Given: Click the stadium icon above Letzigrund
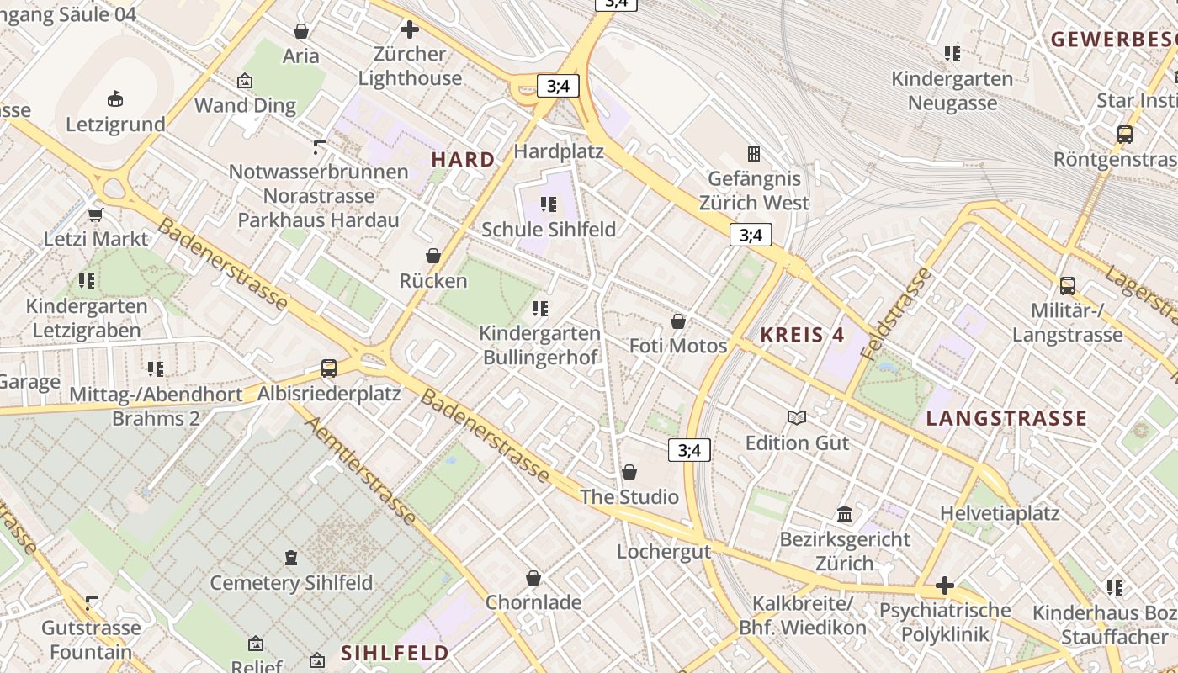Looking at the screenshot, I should coord(115,99).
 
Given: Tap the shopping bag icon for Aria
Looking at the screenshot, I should coord(301,31).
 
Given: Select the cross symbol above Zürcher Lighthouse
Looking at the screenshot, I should coord(410,30).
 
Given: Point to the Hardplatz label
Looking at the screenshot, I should coord(559,151).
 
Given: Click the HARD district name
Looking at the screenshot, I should coord(463,159).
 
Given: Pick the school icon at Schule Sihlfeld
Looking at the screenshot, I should coord(549,204).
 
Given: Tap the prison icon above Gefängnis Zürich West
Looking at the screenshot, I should coord(754,154).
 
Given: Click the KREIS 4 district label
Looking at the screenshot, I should coord(802,334).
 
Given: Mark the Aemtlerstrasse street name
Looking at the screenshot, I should coord(361,470).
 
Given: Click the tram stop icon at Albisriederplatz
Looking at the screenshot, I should coord(329,368).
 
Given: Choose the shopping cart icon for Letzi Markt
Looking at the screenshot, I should coord(96,215).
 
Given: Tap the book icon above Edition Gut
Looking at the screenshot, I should coord(797,417).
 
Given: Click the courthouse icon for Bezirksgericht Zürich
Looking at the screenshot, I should coord(845,514).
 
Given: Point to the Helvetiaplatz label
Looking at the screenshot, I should coord(1000,512).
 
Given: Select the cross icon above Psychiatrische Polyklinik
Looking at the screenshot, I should coord(945,586).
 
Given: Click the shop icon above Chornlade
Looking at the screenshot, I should coord(533,578).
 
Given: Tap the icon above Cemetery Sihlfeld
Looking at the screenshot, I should coord(291,557).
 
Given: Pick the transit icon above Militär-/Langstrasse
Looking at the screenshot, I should coord(1068,286).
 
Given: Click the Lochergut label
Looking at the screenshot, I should coord(664,552).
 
